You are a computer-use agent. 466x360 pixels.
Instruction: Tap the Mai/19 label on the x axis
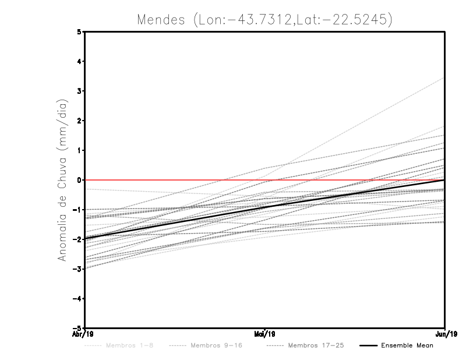click(265, 334)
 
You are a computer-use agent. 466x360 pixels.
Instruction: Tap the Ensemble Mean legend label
click(407, 345)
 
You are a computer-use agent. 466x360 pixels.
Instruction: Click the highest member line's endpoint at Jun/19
click(444, 77)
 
